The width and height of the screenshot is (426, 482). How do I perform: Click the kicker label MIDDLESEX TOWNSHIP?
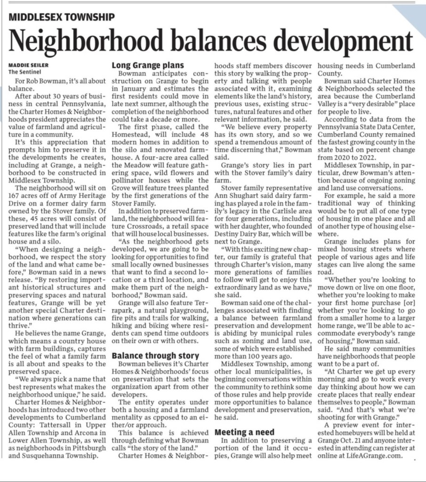tap(62, 18)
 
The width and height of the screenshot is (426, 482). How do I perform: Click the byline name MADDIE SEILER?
tap(28, 64)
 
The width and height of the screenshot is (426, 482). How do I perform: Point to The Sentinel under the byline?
tap(25, 72)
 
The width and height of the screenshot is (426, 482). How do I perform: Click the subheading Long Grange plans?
tap(147, 65)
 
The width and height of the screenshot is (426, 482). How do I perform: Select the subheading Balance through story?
tap(155, 356)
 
